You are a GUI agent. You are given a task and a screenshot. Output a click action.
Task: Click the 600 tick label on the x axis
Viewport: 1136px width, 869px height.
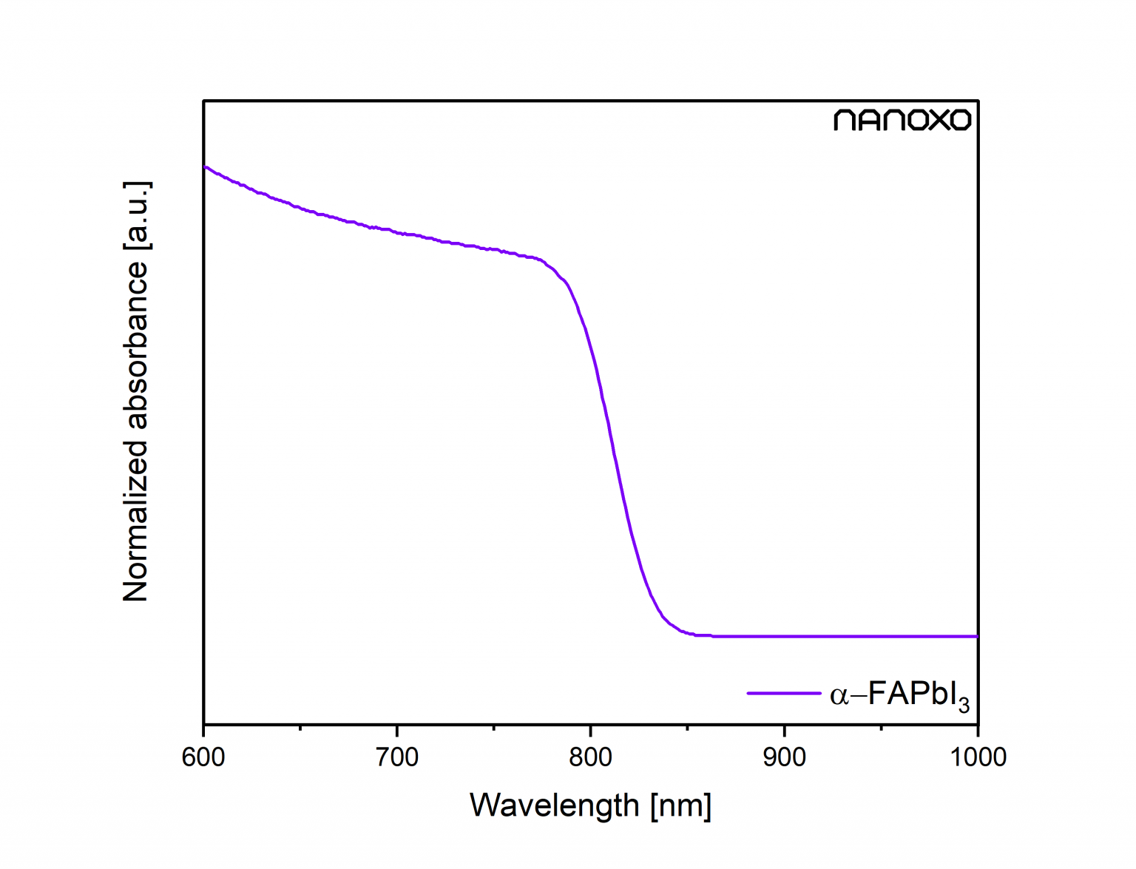point(203,757)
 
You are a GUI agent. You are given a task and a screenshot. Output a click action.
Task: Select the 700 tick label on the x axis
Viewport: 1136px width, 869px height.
point(397,757)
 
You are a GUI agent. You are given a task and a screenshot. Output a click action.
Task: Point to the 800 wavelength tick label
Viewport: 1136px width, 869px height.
point(591,757)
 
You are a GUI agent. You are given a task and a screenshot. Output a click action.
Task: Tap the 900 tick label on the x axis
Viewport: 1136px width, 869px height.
point(784,757)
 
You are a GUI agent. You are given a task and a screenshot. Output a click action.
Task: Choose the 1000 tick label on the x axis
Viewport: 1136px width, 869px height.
point(977,757)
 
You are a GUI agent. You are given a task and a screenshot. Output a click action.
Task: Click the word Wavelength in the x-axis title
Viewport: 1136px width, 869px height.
point(554,805)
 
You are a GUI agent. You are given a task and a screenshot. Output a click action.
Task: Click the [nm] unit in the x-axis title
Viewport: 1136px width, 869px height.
point(681,805)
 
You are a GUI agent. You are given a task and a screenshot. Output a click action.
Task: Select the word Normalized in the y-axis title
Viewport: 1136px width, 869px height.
point(136,521)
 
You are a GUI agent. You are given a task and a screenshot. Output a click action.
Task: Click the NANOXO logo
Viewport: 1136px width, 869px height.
point(902,121)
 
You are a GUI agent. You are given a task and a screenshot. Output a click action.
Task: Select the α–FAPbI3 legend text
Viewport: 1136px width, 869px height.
point(899,695)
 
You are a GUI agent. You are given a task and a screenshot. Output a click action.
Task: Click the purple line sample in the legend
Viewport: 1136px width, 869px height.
point(784,694)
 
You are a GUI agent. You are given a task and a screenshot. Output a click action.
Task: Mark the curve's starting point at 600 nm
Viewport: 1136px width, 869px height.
point(206,168)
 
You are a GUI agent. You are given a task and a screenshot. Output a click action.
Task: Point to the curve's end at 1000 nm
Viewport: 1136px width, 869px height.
point(976,636)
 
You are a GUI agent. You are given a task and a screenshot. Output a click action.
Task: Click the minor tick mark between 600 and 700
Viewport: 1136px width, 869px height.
point(300,727)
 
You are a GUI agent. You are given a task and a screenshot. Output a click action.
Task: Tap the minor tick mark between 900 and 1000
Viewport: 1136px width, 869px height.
point(881,727)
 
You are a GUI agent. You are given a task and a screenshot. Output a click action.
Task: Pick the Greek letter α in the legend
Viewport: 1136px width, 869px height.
point(839,696)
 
